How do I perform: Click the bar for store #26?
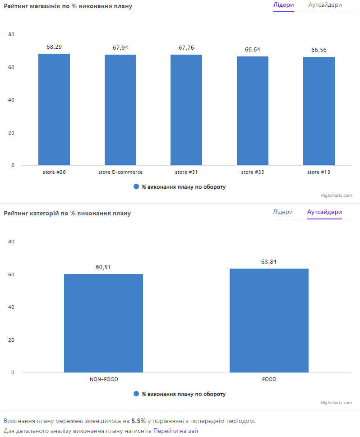[54, 109]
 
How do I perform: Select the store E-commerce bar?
[120, 110]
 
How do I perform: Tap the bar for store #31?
[186, 110]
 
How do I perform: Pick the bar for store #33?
[253, 111]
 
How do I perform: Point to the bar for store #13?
[319, 111]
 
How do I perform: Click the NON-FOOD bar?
[103, 323]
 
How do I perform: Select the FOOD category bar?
[269, 320]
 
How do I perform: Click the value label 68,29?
[54, 47]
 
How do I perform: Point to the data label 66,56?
[319, 50]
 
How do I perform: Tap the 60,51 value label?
[103, 267]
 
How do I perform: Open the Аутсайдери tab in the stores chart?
[325, 5]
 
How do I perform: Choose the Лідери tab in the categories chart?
[283, 212]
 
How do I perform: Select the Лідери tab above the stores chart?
[284, 5]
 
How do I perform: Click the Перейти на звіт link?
[176, 431]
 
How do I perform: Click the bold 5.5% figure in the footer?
[138, 421]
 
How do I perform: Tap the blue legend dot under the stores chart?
[136, 187]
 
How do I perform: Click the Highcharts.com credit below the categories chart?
[336, 403]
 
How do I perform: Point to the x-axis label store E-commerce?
[120, 172]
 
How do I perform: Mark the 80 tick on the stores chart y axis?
[11, 35]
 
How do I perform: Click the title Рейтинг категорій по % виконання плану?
[67, 213]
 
